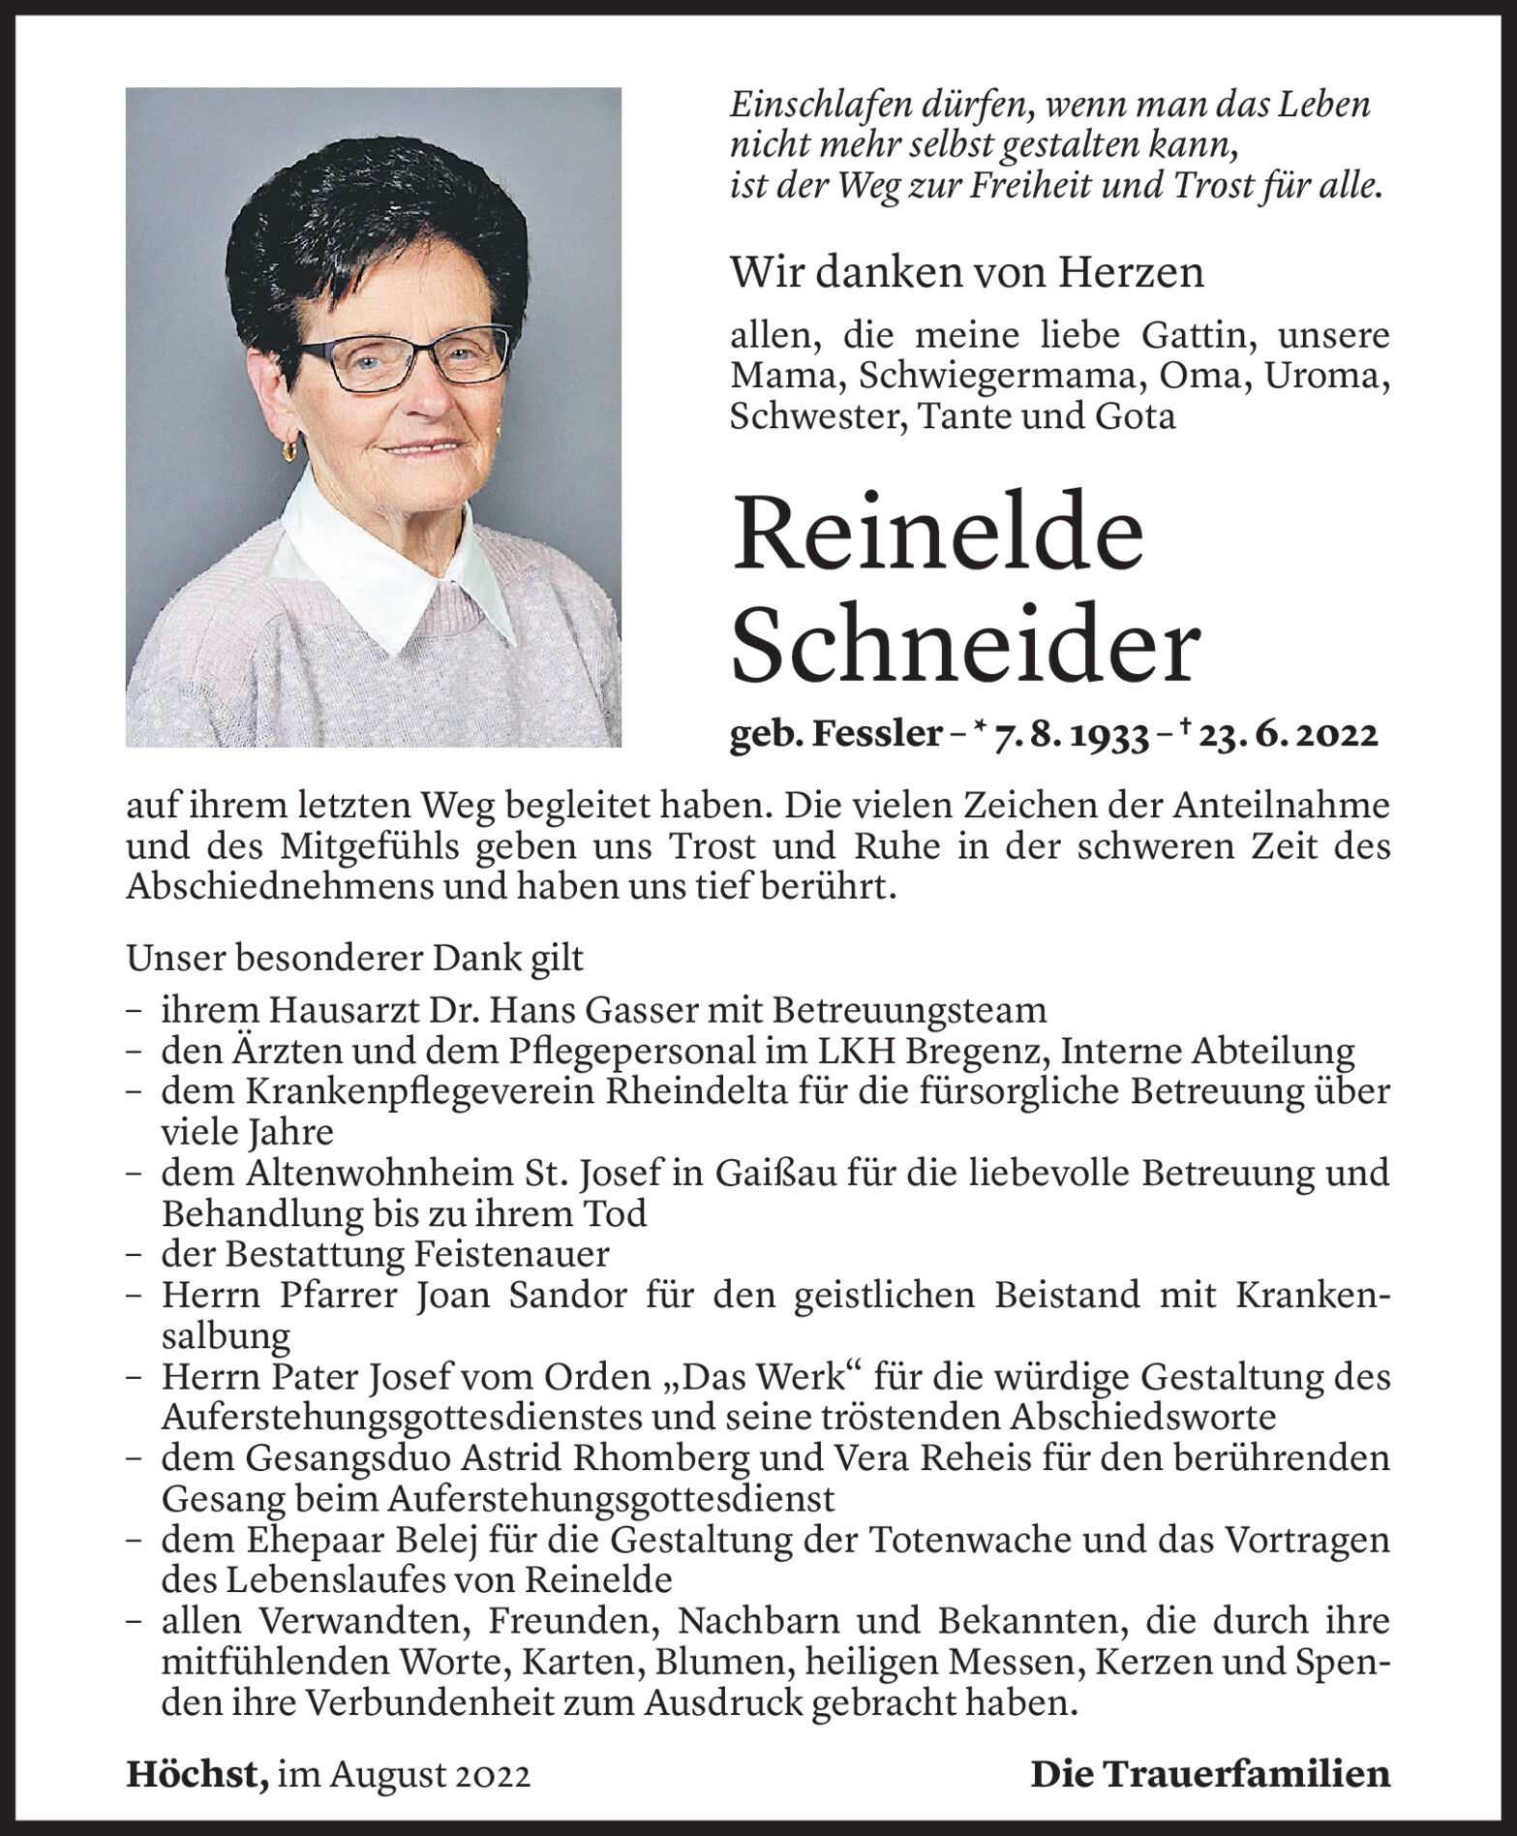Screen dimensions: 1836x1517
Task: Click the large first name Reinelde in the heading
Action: click(x=938, y=535)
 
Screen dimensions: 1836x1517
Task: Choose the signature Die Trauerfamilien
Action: click(x=1210, y=1775)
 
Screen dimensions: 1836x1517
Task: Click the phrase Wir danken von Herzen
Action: click(x=966, y=272)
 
